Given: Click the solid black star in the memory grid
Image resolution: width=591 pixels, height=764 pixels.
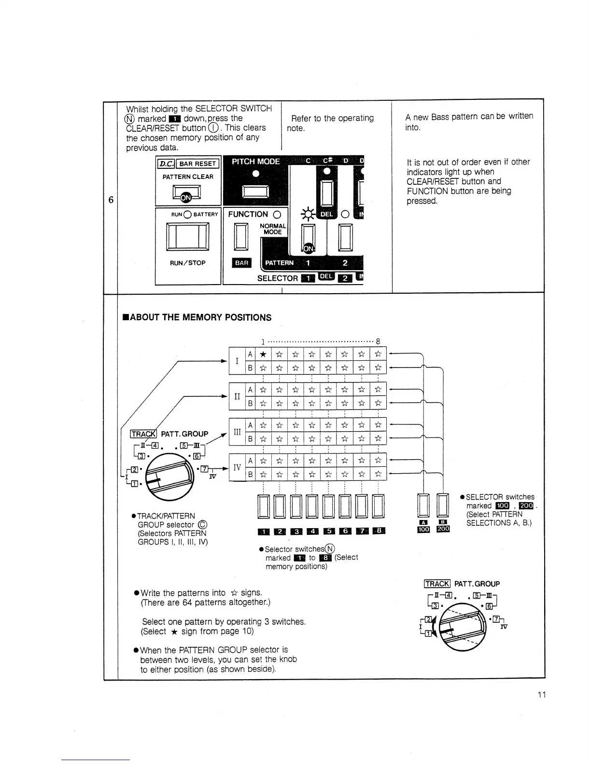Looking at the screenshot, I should click(x=263, y=355).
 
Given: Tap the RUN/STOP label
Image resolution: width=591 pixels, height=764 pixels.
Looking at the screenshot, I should click(x=187, y=263).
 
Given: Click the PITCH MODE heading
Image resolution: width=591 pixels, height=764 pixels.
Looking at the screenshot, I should click(x=256, y=162).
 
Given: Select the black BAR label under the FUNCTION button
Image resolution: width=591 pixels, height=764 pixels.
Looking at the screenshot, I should click(x=241, y=263).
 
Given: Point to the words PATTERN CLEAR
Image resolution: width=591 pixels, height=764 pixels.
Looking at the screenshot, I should click(x=188, y=177).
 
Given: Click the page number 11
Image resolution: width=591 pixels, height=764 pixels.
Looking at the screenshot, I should click(x=541, y=695).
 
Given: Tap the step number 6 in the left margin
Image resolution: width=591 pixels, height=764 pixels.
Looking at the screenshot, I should click(x=111, y=200).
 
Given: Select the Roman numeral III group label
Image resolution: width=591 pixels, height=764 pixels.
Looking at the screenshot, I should click(x=237, y=432).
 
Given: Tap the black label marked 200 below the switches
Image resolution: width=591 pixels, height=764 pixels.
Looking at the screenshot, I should click(x=443, y=529).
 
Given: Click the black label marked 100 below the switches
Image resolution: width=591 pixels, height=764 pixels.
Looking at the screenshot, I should click(x=423, y=529).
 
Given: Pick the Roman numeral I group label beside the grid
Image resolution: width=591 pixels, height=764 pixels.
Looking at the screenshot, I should click(x=237, y=361).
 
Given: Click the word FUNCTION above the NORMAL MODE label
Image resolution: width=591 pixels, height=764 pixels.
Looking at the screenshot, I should click(x=248, y=214).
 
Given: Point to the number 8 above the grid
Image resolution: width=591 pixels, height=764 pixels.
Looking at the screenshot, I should click(x=378, y=341).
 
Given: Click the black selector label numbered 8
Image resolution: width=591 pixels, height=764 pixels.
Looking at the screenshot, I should click(x=379, y=532).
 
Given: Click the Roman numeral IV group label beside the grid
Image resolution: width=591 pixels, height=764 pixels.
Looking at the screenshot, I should click(x=237, y=468).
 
